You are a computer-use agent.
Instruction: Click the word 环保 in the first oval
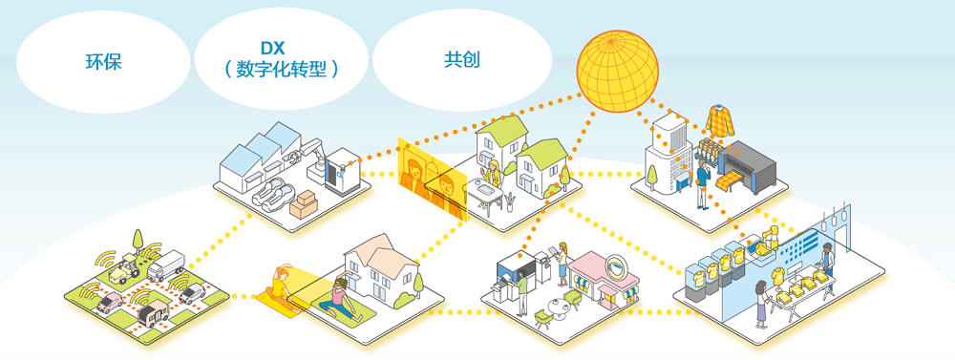103,61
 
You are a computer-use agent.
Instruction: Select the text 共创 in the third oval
461,59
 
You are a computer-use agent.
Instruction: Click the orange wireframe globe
618,71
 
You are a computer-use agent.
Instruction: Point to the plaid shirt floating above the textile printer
720,120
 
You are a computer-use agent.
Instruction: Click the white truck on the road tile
165,265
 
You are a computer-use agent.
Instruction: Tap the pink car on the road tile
110,301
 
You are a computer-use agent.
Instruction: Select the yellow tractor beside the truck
123,267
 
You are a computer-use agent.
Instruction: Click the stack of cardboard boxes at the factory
304,204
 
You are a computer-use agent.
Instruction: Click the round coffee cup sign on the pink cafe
620,263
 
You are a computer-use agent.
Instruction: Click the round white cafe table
559,304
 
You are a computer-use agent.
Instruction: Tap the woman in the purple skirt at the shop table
762,304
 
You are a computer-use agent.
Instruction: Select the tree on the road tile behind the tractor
138,241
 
